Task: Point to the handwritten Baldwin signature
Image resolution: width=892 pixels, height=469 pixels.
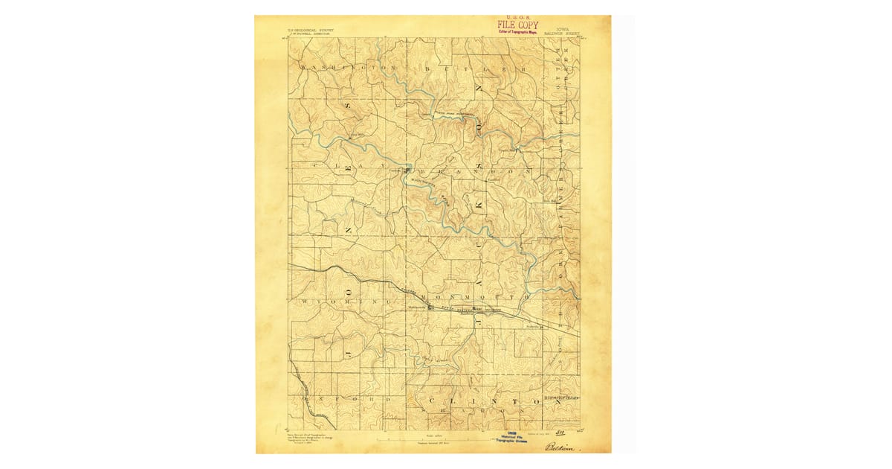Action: coord(563,447)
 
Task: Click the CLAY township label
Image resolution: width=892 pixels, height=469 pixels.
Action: coord(349,165)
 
